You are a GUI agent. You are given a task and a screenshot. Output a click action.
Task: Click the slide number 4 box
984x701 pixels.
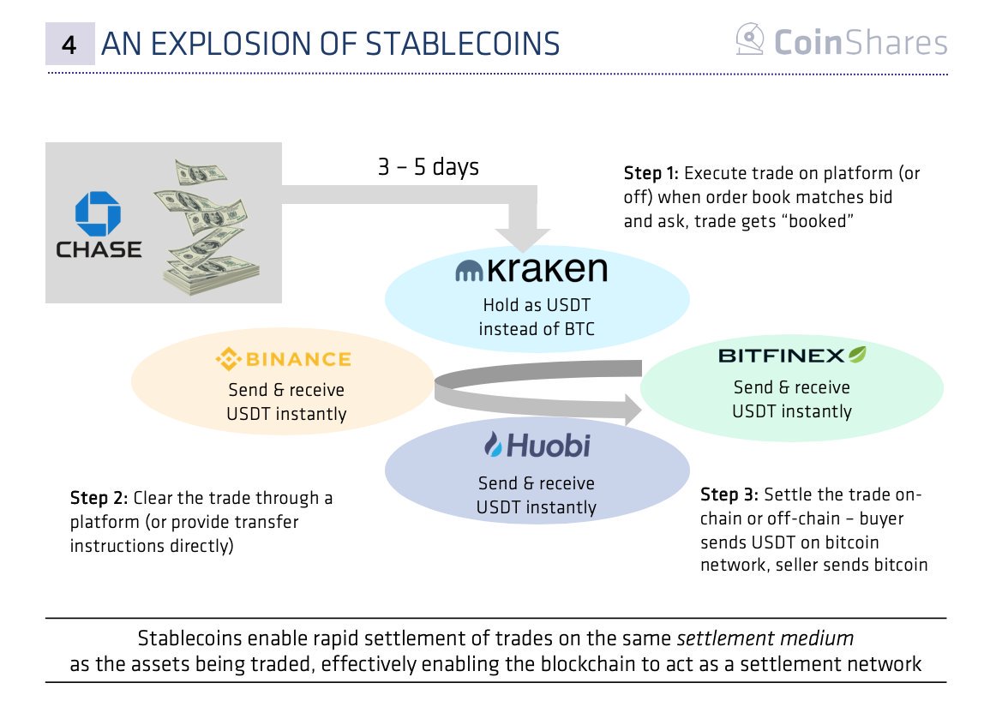pyautogui.click(x=69, y=44)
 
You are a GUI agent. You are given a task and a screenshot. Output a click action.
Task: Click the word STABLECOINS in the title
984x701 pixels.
pyautogui.click(x=463, y=44)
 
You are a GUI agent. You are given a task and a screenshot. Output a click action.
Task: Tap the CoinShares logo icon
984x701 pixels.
pyautogui.click(x=750, y=39)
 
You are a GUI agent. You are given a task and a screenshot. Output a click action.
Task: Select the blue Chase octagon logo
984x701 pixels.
pyautogui.click(x=98, y=214)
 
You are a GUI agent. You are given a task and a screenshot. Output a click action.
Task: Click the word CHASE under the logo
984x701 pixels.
pyautogui.click(x=99, y=249)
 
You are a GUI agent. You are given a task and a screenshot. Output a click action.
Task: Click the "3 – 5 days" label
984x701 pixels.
pyautogui.click(x=429, y=167)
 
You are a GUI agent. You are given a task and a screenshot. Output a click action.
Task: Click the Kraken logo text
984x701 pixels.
pyautogui.click(x=531, y=269)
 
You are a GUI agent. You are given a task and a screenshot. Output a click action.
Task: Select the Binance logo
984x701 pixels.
pyautogui.click(x=283, y=359)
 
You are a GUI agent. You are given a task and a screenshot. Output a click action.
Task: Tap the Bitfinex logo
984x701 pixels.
pyautogui.click(x=792, y=355)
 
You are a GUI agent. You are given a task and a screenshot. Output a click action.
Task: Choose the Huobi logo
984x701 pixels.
pyautogui.click(x=537, y=445)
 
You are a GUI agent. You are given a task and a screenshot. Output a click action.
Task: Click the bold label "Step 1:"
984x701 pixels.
pyautogui.click(x=651, y=173)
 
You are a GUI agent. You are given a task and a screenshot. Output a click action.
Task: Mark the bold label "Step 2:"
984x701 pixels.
pyautogui.click(x=99, y=498)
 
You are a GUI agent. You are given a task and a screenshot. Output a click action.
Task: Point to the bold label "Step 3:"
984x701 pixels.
pyautogui.click(x=729, y=495)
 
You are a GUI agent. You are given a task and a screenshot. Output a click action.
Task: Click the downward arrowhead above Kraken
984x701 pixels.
pyautogui.click(x=523, y=240)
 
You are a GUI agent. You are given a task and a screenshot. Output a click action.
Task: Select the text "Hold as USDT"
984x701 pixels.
pyautogui.click(x=537, y=305)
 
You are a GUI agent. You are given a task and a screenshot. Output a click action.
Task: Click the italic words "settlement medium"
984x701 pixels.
pyautogui.click(x=765, y=638)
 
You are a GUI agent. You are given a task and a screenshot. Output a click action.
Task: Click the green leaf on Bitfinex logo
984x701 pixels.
pyautogui.click(x=857, y=354)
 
